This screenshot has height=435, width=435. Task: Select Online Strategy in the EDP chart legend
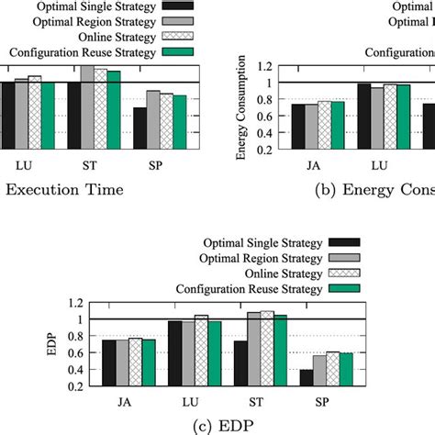(x=281, y=273)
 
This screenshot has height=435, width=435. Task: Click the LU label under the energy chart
(x=378, y=166)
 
